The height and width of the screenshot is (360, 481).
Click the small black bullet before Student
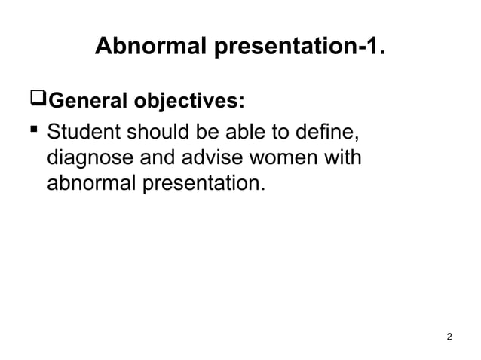tap(33, 134)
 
